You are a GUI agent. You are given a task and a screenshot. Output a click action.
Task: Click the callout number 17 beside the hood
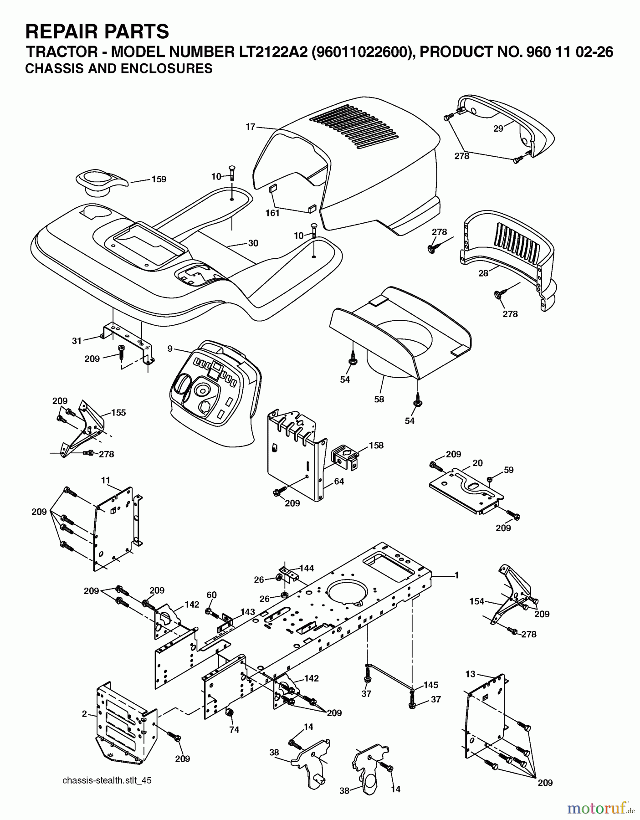251,127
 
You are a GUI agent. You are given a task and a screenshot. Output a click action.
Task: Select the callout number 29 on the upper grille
498,129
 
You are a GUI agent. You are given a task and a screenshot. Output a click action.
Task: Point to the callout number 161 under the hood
272,213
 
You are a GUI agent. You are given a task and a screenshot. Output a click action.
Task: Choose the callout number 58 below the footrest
379,399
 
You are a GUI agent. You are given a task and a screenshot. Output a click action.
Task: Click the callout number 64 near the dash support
339,482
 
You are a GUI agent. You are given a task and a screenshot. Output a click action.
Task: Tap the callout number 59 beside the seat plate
508,470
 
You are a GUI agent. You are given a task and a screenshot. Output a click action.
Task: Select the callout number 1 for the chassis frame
456,575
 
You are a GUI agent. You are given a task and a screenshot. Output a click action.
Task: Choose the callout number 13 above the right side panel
471,674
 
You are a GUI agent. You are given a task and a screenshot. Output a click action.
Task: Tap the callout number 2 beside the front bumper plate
84,714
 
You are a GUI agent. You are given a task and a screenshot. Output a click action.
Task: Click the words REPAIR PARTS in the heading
97,32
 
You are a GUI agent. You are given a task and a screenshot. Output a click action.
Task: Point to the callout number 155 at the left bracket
118,413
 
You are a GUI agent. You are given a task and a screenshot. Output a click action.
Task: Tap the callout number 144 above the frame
307,568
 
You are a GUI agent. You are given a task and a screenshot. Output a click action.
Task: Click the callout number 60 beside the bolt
211,595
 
